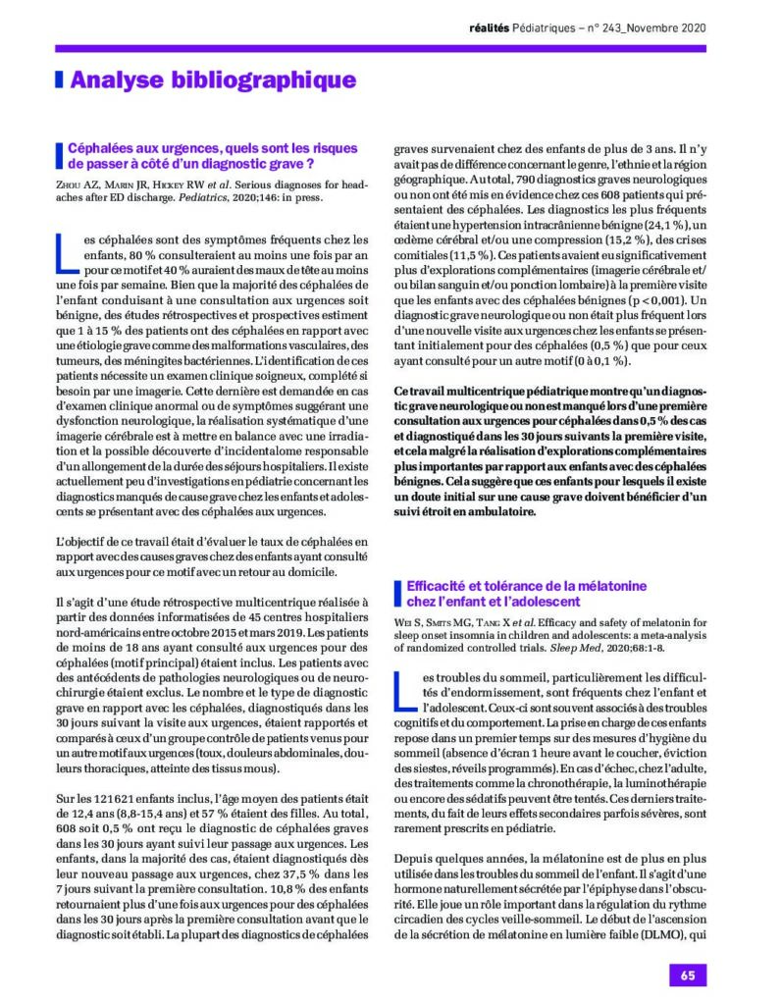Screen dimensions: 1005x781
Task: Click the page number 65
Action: (687, 976)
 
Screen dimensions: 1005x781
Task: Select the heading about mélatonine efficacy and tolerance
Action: (519, 593)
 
